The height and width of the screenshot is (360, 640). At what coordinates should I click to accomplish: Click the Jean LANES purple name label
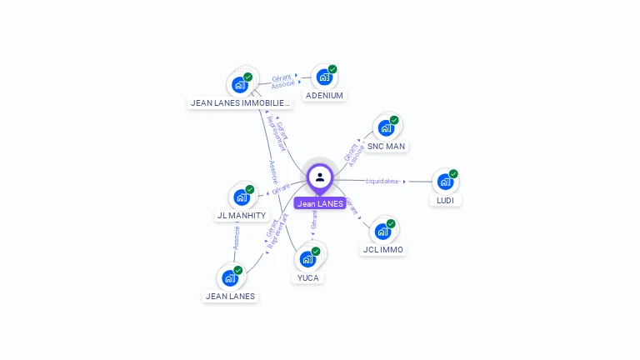320,203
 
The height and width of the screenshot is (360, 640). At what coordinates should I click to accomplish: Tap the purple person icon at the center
320,177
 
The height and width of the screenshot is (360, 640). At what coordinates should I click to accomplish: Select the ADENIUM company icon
324,77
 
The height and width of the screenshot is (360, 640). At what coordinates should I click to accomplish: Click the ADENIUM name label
324,96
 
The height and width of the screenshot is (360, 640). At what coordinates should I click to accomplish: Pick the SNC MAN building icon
386,127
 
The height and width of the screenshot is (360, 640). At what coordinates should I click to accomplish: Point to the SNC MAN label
386,146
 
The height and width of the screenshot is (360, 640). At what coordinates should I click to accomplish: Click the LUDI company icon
445,182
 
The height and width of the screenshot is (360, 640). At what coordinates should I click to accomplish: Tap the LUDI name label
445,200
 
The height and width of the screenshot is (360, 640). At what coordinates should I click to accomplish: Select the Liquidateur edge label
383,181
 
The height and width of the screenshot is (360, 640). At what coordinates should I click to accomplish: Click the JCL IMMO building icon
383,231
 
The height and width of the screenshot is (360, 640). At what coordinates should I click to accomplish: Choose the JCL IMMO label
383,249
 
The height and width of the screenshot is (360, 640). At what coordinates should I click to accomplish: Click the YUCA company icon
307,259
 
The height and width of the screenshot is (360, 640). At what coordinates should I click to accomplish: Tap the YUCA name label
307,277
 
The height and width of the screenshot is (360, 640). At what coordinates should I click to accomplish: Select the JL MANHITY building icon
242,197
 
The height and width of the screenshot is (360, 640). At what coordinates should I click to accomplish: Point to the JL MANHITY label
242,215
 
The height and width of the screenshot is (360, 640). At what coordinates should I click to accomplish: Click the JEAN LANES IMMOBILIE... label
241,103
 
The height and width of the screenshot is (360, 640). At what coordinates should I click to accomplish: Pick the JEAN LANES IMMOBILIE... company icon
240,85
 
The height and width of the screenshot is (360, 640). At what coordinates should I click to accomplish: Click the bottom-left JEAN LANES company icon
230,278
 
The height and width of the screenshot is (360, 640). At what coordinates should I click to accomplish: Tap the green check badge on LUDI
453,173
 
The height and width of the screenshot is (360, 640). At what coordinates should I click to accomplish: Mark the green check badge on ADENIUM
332,69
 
